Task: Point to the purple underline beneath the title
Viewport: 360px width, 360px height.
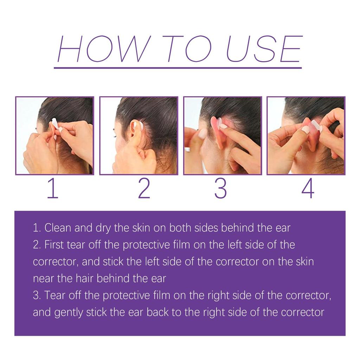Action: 178,67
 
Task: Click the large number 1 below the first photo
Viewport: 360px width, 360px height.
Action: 52,189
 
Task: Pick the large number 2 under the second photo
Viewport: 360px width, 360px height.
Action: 144,189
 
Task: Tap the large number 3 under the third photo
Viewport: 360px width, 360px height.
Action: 220,189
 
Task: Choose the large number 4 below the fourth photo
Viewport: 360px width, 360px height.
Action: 308,189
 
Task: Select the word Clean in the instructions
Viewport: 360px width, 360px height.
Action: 58,228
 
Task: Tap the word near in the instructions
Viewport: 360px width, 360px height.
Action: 44,279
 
